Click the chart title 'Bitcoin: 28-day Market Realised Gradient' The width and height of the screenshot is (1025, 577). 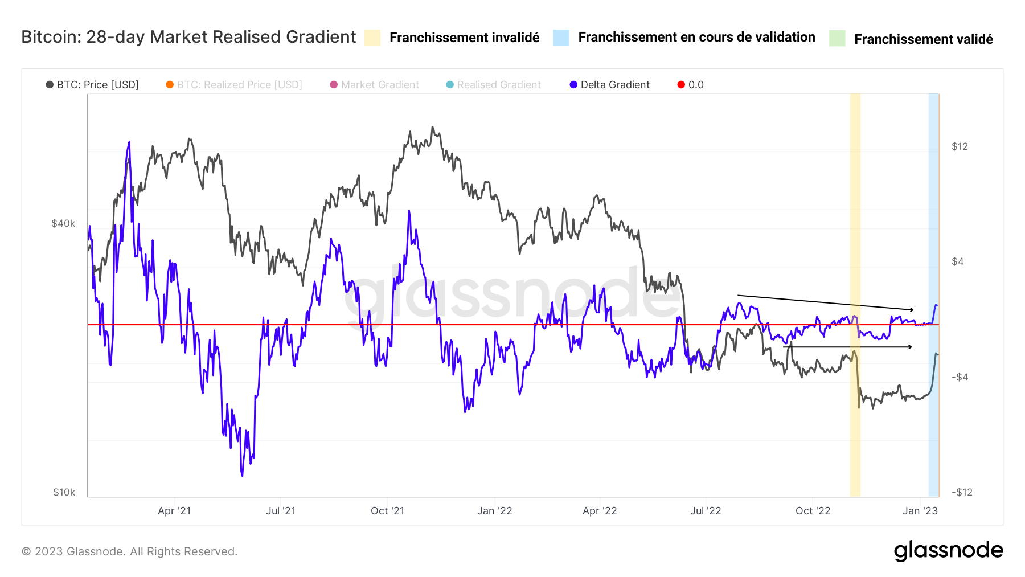tap(188, 37)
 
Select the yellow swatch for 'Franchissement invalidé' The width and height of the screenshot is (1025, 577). tap(372, 38)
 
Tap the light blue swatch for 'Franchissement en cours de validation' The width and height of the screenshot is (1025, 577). tap(561, 38)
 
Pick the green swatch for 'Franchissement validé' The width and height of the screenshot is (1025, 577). tap(837, 39)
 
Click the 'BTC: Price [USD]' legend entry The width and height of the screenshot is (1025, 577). tap(92, 85)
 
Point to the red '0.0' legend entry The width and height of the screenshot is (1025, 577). tap(690, 85)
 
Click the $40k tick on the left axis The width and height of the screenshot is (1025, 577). tap(63, 223)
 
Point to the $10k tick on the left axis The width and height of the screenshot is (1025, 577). tap(64, 492)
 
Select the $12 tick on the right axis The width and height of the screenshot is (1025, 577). tap(960, 146)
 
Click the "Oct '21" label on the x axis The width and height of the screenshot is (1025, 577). tap(387, 511)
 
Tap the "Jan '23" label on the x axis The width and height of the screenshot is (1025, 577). tap(920, 511)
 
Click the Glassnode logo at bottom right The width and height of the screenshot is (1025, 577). tap(948, 551)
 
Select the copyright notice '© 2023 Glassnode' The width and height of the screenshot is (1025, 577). tap(129, 551)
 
